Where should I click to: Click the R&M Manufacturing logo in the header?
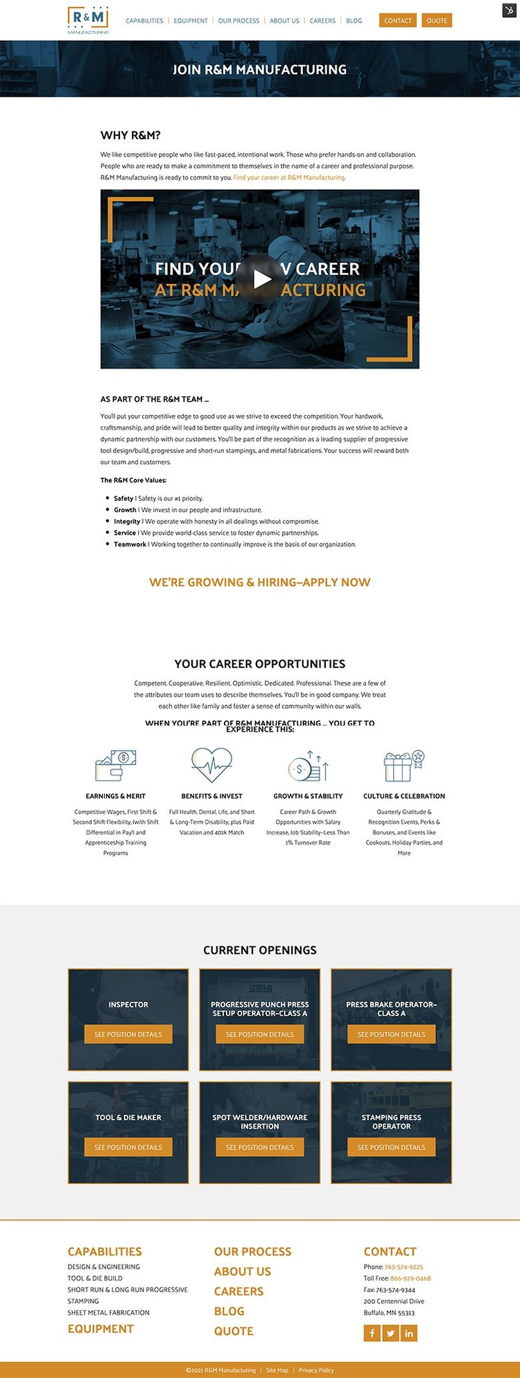pyautogui.click(x=88, y=20)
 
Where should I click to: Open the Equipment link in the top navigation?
pyautogui.click(x=191, y=21)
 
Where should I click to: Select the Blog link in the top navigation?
pyautogui.click(x=354, y=21)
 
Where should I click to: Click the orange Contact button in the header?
pyautogui.click(x=398, y=21)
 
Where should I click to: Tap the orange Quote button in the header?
pyautogui.click(x=437, y=21)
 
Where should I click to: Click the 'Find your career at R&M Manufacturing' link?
pyautogui.click(x=288, y=178)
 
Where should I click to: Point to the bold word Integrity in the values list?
pyautogui.click(x=127, y=522)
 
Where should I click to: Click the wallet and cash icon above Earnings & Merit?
pyautogui.click(x=116, y=766)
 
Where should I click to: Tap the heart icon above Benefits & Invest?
pyautogui.click(x=211, y=765)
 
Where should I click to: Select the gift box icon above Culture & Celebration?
pyautogui.click(x=404, y=766)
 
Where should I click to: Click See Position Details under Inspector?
pyautogui.click(x=128, y=1034)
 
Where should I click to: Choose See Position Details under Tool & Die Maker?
pyautogui.click(x=128, y=1147)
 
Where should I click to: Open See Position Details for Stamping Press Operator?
pyautogui.click(x=392, y=1147)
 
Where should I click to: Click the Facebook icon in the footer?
pyautogui.click(x=372, y=1334)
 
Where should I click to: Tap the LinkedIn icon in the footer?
pyautogui.click(x=409, y=1334)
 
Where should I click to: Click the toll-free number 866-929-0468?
pyautogui.click(x=410, y=1278)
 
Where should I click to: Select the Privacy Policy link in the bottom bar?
pyautogui.click(x=316, y=1370)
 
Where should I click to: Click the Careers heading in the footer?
pyautogui.click(x=239, y=1291)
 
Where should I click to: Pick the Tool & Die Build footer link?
pyautogui.click(x=95, y=1278)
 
